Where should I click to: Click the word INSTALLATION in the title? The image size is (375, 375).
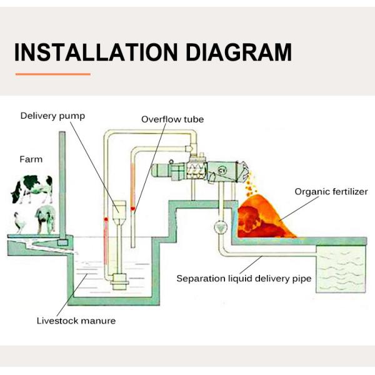pyautogui.click(x=96, y=52)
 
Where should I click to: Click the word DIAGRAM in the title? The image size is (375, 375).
pyautogui.click(x=239, y=52)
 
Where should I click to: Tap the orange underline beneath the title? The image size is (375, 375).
pyautogui.click(x=53, y=74)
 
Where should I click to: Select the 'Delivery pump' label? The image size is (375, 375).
pyautogui.click(x=52, y=116)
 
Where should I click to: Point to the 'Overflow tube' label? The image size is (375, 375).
pyautogui.click(x=172, y=119)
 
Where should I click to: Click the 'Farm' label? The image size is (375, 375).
pyautogui.click(x=31, y=159)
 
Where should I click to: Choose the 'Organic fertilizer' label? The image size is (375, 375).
pyautogui.click(x=331, y=192)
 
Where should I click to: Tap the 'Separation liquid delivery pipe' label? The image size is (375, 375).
pyautogui.click(x=244, y=279)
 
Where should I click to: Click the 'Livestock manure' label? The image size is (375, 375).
pyautogui.click(x=76, y=321)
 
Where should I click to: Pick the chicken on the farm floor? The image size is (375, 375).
pyautogui.click(x=19, y=223)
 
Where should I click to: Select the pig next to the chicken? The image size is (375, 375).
pyautogui.click(x=46, y=220)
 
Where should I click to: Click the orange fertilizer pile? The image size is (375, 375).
pyautogui.click(x=266, y=216)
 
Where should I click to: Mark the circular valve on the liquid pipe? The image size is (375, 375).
pyautogui.click(x=221, y=227)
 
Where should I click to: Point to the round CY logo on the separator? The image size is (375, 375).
pyautogui.click(x=222, y=170)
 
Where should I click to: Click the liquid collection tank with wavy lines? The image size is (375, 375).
pyautogui.click(x=341, y=269)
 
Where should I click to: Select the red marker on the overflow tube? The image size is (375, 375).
pyautogui.click(x=132, y=209)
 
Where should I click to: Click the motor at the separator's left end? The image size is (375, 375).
pyautogui.click(x=162, y=171)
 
